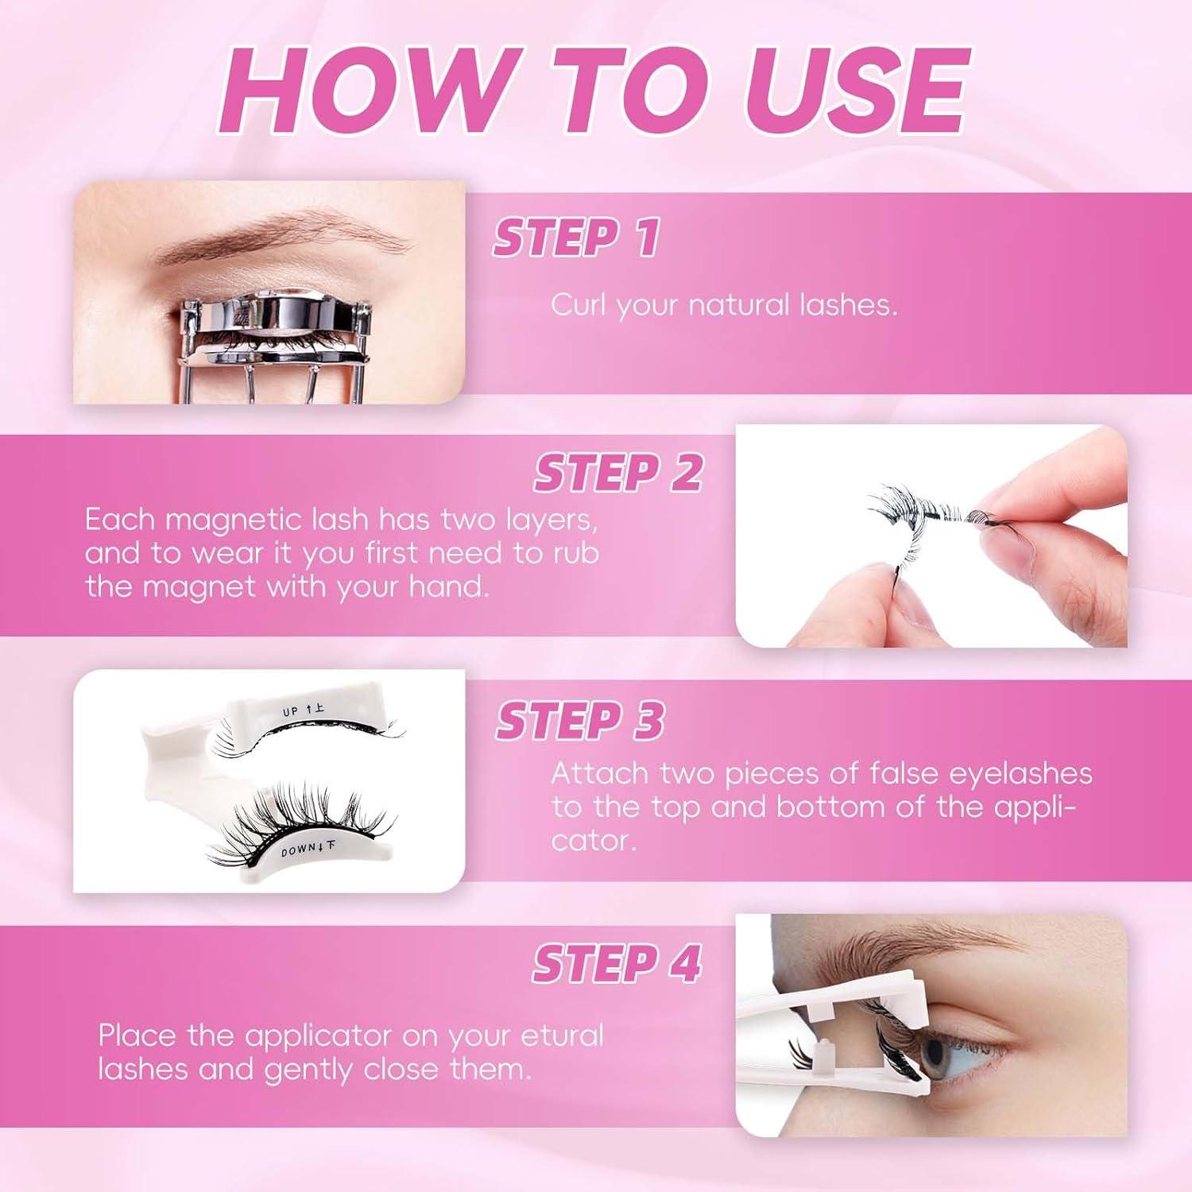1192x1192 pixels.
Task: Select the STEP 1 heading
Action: pyautogui.click(x=576, y=238)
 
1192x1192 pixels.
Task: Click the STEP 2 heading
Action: pyautogui.click(x=618, y=473)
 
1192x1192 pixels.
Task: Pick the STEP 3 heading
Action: pyautogui.click(x=580, y=721)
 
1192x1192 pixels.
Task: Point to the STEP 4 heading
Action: pyautogui.click(x=617, y=964)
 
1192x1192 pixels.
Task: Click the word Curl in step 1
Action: pyautogui.click(x=579, y=305)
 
